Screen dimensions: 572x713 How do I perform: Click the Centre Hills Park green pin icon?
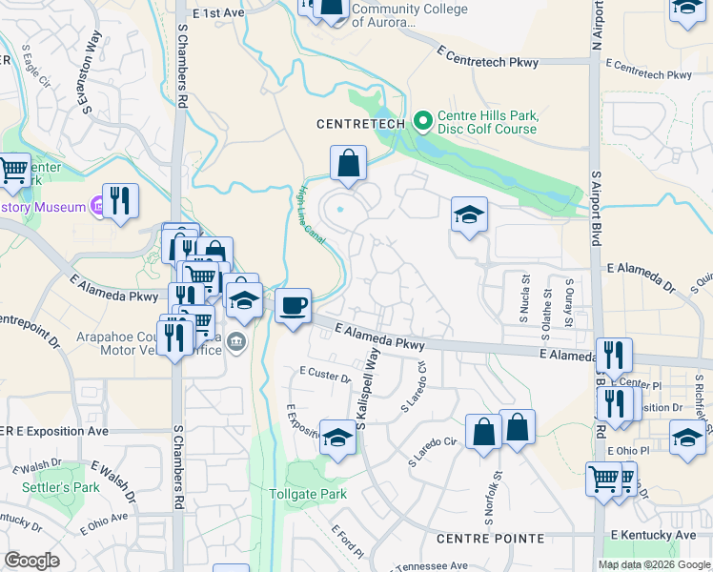pos(424,122)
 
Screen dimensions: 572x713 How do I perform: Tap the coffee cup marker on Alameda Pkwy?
pos(294,306)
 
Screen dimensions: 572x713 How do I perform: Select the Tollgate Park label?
pos(307,495)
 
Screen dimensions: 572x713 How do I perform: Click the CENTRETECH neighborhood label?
pos(361,123)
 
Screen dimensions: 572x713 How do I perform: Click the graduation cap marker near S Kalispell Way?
pos(336,438)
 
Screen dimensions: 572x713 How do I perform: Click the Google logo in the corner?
pos(31,561)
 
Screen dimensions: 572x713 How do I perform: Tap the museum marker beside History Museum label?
pos(96,205)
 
